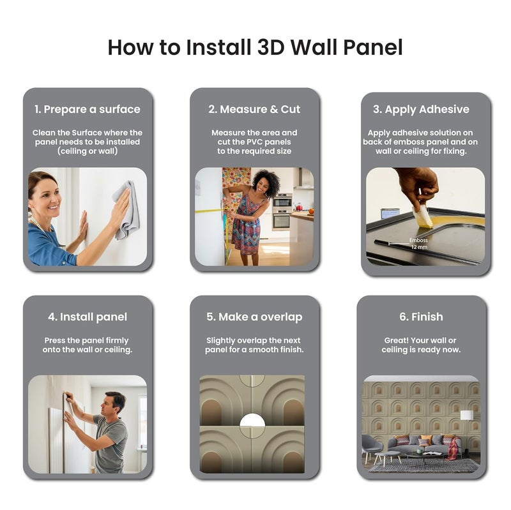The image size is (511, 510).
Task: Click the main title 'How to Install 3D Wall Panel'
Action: click(255, 47)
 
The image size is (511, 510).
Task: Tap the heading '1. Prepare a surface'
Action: click(88, 109)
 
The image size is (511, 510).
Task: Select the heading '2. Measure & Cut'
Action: click(254, 109)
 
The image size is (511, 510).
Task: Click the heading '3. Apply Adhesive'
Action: click(421, 109)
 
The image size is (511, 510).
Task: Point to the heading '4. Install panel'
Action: click(88, 317)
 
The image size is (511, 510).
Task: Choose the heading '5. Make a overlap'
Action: click(254, 317)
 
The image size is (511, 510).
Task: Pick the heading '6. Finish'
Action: click(421, 317)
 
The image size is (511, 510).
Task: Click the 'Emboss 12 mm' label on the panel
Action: click(418, 243)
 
